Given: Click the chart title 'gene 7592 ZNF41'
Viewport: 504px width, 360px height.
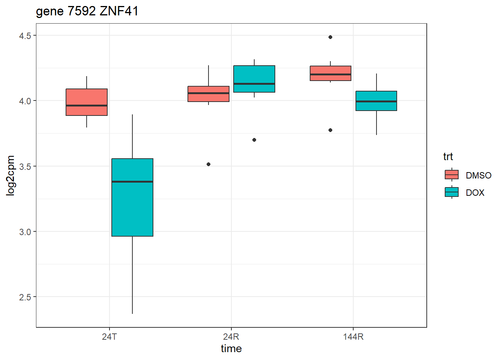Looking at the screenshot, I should click(x=87, y=11).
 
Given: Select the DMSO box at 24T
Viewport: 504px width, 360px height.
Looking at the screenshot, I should click(x=87, y=102).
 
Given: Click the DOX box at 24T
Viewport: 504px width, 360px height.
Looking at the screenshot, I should click(x=132, y=197).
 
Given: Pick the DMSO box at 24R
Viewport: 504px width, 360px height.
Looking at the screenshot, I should click(x=208, y=94).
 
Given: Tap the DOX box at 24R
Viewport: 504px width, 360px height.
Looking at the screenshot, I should click(x=254, y=79).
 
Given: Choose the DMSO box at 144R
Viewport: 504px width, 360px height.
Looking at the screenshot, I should click(x=330, y=73).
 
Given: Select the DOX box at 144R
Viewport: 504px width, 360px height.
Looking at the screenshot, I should click(x=376, y=101).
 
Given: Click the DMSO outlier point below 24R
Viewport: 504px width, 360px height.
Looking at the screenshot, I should click(x=208, y=164).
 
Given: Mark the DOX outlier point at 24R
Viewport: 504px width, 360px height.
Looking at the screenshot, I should click(x=254, y=140).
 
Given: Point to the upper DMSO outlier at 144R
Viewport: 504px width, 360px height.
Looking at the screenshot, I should click(x=330, y=37).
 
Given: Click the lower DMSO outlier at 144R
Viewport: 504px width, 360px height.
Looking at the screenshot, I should click(x=330, y=130).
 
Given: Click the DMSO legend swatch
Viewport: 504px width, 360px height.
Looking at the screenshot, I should click(x=451, y=175).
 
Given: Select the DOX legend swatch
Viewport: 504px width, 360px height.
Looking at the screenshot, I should click(x=451, y=192).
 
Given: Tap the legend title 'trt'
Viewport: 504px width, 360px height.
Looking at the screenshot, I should click(x=448, y=156).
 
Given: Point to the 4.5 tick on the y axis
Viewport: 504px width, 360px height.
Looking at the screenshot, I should click(x=25, y=36).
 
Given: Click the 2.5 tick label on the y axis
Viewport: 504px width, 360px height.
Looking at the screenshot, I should click(x=25, y=297).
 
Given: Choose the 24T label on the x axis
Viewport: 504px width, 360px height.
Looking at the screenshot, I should click(x=109, y=337).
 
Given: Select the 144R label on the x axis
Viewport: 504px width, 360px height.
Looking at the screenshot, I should click(x=353, y=337).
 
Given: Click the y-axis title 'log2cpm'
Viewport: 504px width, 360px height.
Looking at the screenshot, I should click(x=10, y=175).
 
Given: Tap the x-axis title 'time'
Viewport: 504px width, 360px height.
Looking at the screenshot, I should click(x=231, y=349).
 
